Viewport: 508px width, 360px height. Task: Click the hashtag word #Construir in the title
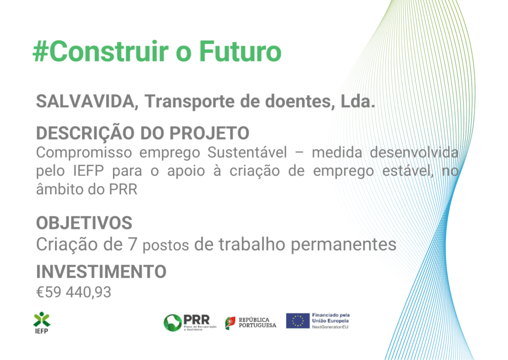(101, 51)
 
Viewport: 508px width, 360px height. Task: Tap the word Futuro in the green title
(240, 51)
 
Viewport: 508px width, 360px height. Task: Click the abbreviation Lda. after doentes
(358, 101)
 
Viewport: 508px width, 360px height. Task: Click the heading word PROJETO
(209, 133)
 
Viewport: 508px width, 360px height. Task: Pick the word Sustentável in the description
(247, 152)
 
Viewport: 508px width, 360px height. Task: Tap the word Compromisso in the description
(84, 153)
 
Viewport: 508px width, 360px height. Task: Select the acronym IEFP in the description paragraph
(88, 171)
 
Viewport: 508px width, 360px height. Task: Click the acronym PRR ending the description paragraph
(123, 190)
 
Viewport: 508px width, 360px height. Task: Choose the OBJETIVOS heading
(84, 223)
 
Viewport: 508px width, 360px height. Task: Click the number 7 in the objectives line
(132, 244)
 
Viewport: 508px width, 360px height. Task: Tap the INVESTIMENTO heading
(101, 272)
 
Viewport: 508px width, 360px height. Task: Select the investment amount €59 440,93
(73, 292)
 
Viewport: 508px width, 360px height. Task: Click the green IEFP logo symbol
(42, 319)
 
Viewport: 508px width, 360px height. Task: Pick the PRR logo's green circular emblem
(173, 323)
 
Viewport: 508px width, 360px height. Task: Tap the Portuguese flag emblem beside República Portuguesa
(230, 323)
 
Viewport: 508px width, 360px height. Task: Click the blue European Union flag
(298, 321)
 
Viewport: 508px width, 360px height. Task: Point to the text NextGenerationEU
(330, 327)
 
